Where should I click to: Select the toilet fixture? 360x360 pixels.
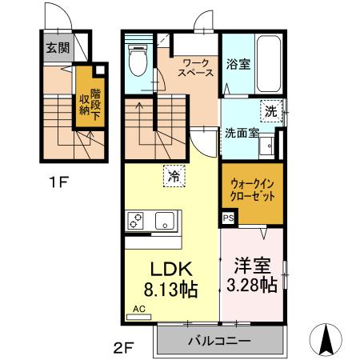[137, 59]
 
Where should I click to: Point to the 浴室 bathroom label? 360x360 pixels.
[238, 65]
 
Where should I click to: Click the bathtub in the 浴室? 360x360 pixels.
[267, 64]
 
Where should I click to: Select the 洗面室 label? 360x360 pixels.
[241, 133]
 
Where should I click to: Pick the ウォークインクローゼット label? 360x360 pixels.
[250, 190]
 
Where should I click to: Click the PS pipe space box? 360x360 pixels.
[228, 217]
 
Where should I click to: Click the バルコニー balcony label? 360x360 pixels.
[219, 341]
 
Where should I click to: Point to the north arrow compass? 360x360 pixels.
[327, 339]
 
